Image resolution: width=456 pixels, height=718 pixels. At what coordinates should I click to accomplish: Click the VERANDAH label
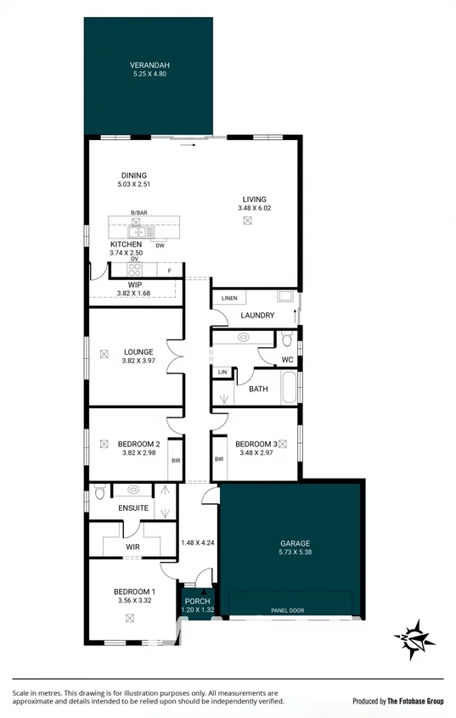click(x=149, y=65)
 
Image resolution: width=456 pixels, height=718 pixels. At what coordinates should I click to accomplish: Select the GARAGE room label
click(x=295, y=543)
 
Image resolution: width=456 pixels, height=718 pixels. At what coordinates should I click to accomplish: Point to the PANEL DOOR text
click(x=288, y=610)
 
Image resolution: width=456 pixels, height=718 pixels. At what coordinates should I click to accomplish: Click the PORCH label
click(x=197, y=602)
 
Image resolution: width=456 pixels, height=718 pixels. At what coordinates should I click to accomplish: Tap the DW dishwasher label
click(x=160, y=245)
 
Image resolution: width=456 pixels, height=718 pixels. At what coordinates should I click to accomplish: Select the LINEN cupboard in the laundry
click(x=229, y=299)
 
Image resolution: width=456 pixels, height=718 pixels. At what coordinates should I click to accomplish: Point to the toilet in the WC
click(x=287, y=340)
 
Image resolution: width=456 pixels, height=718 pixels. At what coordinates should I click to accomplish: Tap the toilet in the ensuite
click(x=99, y=492)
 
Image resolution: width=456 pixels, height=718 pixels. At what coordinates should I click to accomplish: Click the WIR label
click(x=132, y=547)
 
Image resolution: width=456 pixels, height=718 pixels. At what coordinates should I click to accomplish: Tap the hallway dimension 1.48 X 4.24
click(x=197, y=543)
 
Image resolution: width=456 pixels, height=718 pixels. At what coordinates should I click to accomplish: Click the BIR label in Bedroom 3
click(x=219, y=459)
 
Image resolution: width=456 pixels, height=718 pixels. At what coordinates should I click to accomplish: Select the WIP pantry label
click(x=134, y=285)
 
